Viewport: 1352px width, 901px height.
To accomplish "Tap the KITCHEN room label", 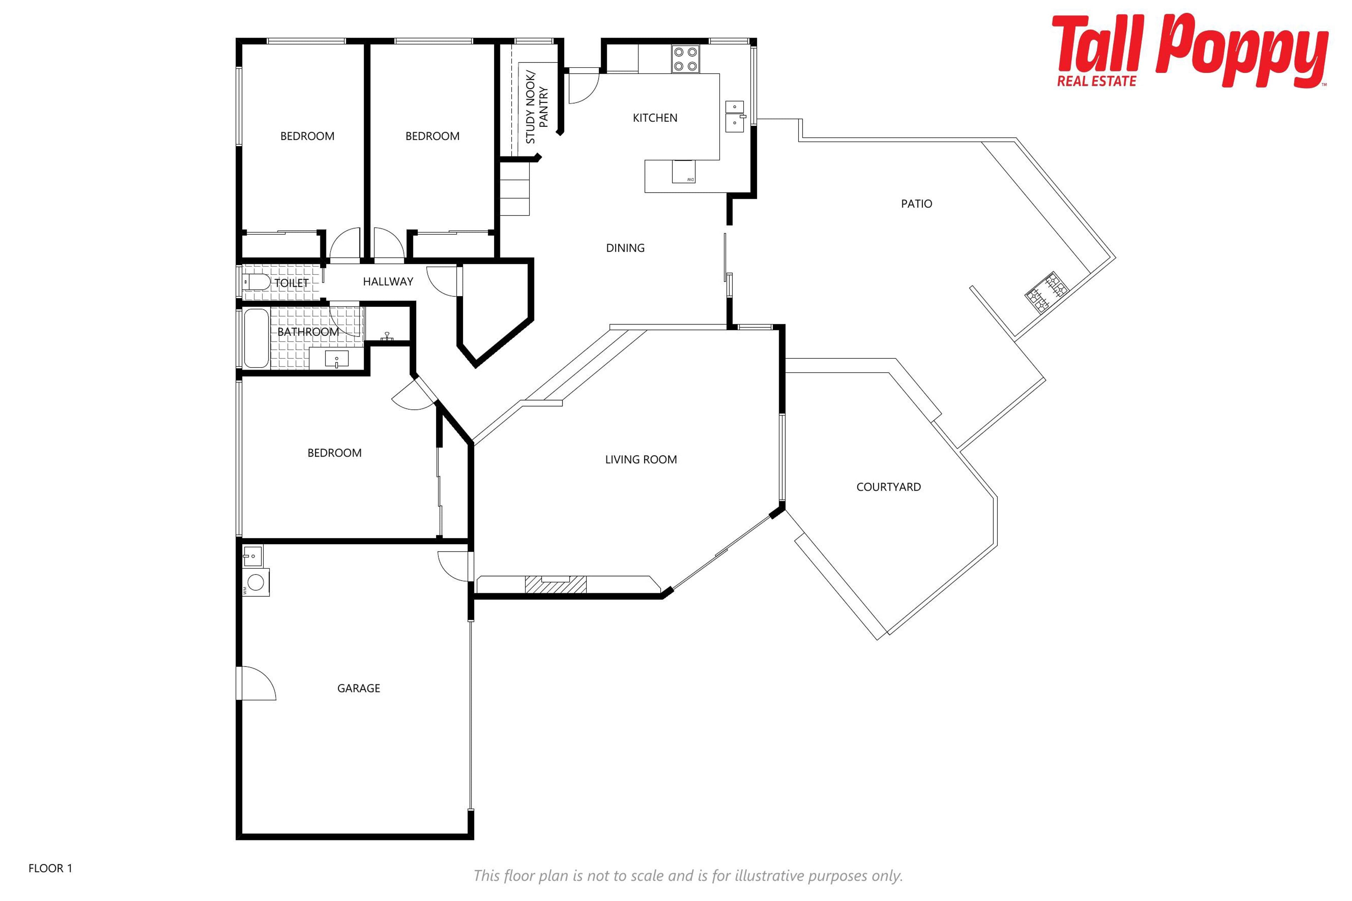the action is tap(655, 118).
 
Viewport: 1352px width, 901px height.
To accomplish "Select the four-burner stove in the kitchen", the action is tap(685, 59).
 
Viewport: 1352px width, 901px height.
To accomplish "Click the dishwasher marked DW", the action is tap(683, 172).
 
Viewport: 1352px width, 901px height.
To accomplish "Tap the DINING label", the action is tap(625, 248).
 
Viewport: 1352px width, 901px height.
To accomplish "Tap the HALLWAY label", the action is tap(388, 282).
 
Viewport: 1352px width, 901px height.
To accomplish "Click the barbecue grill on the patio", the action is tap(1046, 292).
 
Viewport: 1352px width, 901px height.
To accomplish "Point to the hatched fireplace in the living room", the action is tap(555, 584).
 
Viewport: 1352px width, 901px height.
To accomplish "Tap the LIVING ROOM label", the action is tap(641, 460).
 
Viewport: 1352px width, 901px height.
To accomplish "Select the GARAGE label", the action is tap(359, 688).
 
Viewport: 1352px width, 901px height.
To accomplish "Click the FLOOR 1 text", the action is tap(51, 868).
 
